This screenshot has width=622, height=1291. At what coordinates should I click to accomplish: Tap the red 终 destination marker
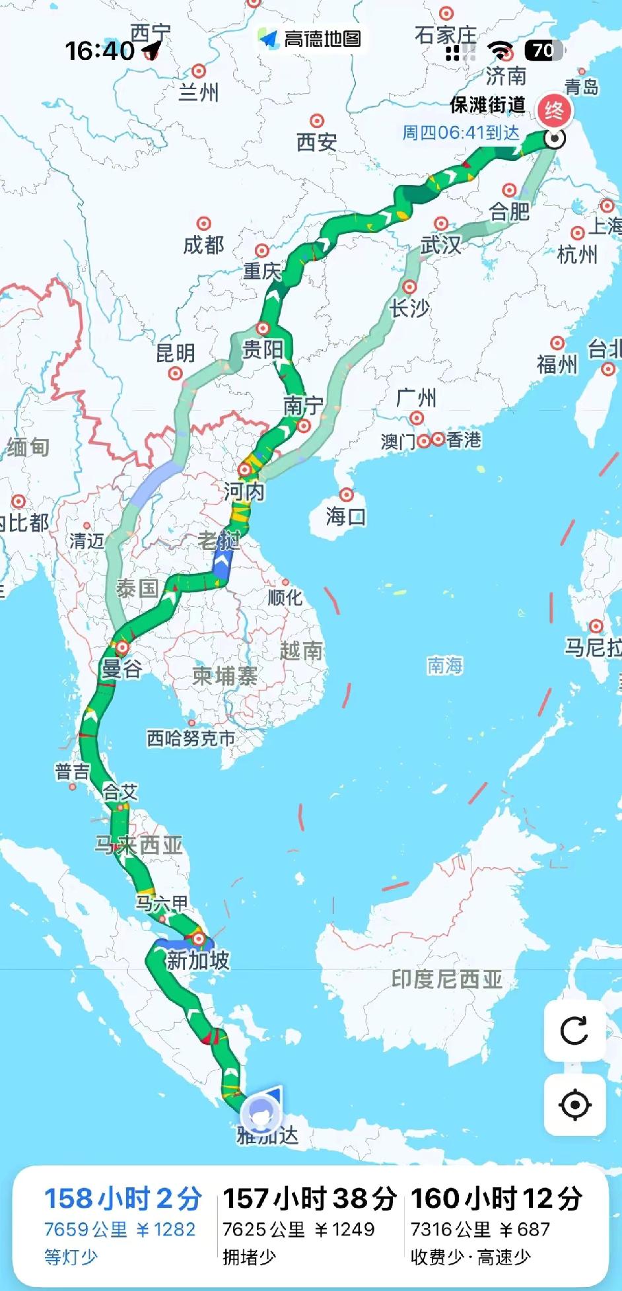(x=553, y=110)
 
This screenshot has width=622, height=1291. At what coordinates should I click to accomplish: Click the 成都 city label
(x=203, y=245)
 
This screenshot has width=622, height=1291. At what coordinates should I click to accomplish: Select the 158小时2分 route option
(x=122, y=1199)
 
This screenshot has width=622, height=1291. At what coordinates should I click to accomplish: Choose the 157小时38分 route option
(x=309, y=1199)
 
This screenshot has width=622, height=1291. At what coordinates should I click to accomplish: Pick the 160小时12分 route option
(x=497, y=1199)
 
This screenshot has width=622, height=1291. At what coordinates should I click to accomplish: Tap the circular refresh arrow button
(x=574, y=1031)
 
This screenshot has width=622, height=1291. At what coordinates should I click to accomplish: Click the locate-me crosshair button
(x=574, y=1105)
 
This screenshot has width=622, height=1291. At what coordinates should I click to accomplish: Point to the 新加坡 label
(x=197, y=960)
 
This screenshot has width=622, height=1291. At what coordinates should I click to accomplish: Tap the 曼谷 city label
(x=121, y=669)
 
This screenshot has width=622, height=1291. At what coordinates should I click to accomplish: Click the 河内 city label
(x=244, y=491)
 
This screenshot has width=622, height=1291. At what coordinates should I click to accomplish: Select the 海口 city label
(x=345, y=516)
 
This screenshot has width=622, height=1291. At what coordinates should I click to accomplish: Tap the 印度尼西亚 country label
(x=446, y=979)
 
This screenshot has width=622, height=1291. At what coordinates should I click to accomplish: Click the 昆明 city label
(x=175, y=353)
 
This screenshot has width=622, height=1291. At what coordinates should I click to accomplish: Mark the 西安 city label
(x=316, y=141)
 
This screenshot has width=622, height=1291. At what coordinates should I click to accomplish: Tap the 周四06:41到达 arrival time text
(x=461, y=133)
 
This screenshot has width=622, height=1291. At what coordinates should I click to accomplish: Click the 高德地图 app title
(x=322, y=39)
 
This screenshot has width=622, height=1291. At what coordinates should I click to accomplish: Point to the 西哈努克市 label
(x=191, y=738)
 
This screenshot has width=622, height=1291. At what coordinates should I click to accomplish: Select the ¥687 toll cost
(x=524, y=1230)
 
